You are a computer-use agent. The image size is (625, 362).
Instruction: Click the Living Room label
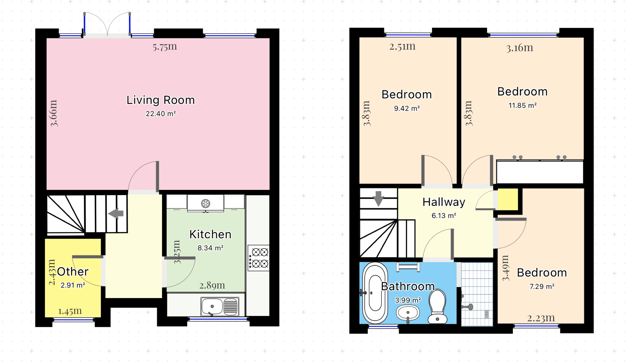(x=161, y=100)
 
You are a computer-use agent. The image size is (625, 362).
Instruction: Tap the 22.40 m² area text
(x=161, y=114)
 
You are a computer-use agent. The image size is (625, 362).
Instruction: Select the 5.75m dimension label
(x=165, y=47)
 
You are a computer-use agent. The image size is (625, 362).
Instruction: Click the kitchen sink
(x=220, y=306)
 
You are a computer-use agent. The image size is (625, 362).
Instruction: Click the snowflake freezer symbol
(x=205, y=203)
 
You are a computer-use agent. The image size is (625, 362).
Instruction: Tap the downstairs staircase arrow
(x=116, y=213)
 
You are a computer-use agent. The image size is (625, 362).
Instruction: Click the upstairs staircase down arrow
(x=379, y=198)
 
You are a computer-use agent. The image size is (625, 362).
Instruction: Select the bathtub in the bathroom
(x=375, y=293)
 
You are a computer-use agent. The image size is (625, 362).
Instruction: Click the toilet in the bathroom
(x=437, y=306)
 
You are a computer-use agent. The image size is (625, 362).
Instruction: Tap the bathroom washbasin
(x=408, y=313)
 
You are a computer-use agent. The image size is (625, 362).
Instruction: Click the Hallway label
(x=444, y=202)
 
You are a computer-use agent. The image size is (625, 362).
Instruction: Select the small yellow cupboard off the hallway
(x=508, y=199)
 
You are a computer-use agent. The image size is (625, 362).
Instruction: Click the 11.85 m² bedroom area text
(x=522, y=105)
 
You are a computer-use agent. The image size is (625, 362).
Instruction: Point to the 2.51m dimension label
(x=402, y=46)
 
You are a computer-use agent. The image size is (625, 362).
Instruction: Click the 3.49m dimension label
(x=505, y=268)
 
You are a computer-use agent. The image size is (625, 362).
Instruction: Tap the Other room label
(x=73, y=272)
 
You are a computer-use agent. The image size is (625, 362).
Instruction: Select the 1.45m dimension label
(x=70, y=311)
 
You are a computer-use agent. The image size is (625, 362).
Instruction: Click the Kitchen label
(x=210, y=234)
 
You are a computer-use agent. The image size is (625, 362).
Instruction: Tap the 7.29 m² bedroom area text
(x=542, y=286)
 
